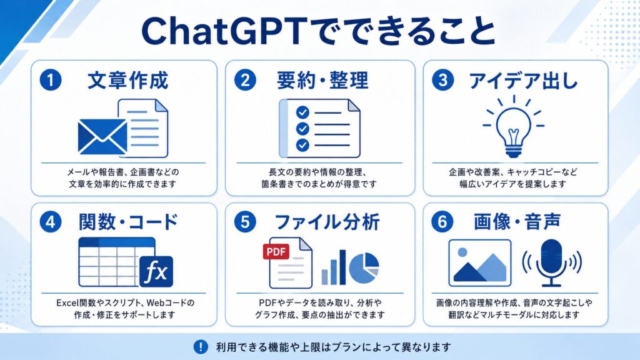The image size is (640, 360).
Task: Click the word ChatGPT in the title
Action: pyautogui.click(x=224, y=31)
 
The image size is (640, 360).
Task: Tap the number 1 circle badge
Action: pyautogui.click(x=51, y=80)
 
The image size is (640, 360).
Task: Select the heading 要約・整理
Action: pyautogui.click(x=322, y=80)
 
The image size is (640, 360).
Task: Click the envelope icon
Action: pyautogui.click(x=102, y=137)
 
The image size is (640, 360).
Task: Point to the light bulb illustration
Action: pyautogui.click(x=514, y=127)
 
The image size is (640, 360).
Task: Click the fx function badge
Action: pyautogui.click(x=156, y=271)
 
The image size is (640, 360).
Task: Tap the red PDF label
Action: pyautogui.click(x=276, y=251)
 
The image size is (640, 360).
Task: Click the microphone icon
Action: pyautogui.click(x=551, y=263)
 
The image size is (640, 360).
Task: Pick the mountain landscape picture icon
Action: pyautogui.click(x=479, y=263)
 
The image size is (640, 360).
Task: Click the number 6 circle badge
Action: pyautogui.click(x=442, y=222)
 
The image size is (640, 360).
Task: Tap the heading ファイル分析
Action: pyautogui.click(x=327, y=222)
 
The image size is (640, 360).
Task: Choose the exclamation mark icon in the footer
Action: pyautogui.click(x=201, y=347)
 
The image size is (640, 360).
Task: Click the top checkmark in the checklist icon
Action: pyautogui.click(x=302, y=112)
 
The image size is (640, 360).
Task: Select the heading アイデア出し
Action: pyautogui.click(x=523, y=81)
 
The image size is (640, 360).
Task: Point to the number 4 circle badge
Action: pyautogui.click(x=51, y=222)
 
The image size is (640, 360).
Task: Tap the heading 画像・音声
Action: pyautogui.click(x=517, y=222)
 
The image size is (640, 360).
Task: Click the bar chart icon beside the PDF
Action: pyautogui.click(x=334, y=267)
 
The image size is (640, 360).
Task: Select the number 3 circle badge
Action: pyautogui.click(x=442, y=80)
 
